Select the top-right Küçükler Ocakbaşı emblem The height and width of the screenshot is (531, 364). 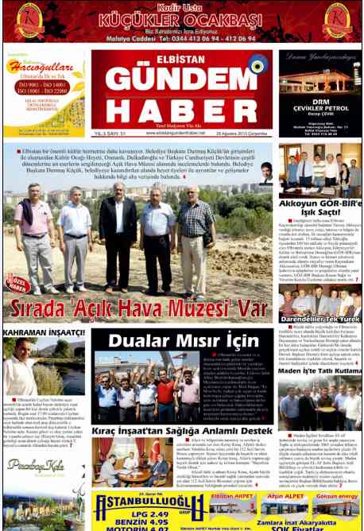pos(335,21)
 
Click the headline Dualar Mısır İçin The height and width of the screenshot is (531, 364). pos(184,341)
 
